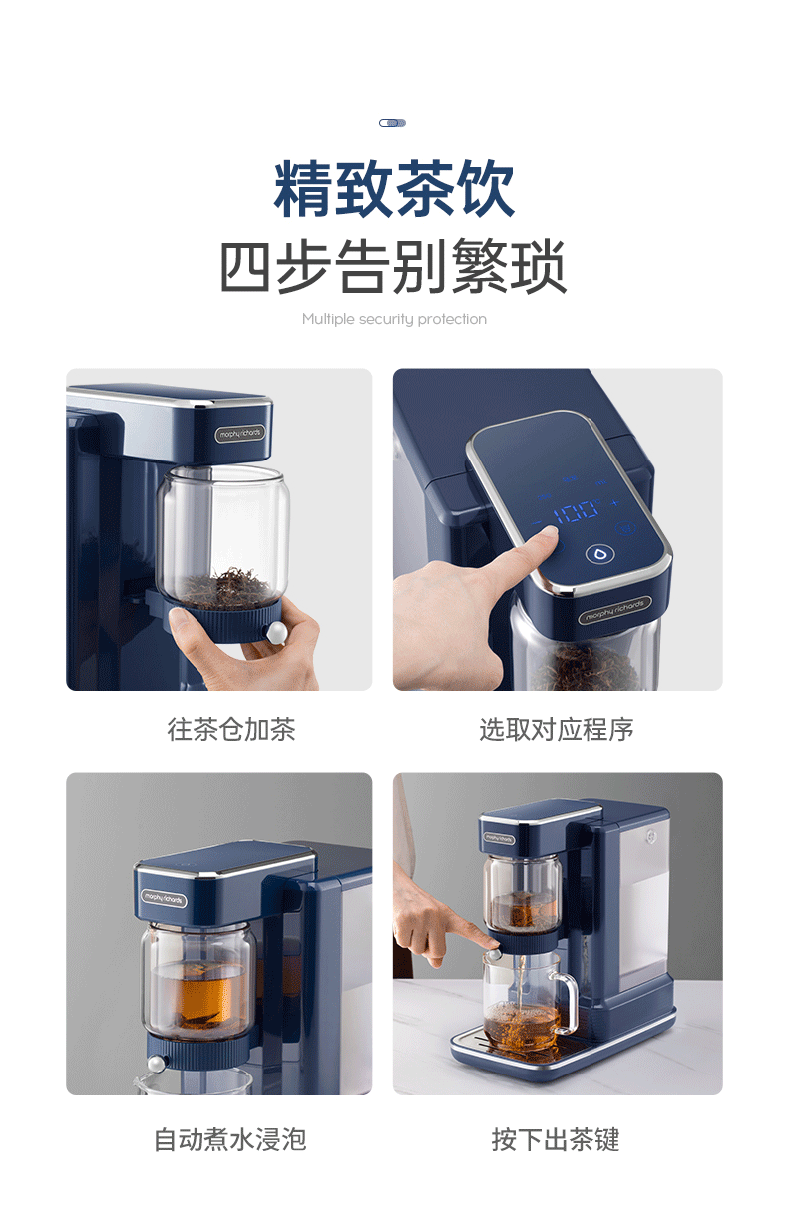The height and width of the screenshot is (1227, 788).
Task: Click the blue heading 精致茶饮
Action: pos(394,189)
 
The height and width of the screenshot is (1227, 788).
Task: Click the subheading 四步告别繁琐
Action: pos(393,267)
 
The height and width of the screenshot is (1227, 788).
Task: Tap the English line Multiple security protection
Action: pos(394,319)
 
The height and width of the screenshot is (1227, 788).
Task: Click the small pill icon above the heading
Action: pos(392,123)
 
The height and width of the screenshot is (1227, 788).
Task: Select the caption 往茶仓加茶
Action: pos(231,729)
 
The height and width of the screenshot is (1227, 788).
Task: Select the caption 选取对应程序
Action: pos(557,729)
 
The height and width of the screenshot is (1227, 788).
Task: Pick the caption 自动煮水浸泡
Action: pos(230,1140)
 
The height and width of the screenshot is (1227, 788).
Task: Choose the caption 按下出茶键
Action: pos(556,1140)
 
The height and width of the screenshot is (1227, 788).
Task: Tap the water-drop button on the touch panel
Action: pos(600,554)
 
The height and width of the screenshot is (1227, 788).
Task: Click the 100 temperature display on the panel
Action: pos(576,512)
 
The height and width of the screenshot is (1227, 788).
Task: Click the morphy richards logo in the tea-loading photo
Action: pos(240,434)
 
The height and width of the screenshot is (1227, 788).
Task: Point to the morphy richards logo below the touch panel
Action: pos(614,610)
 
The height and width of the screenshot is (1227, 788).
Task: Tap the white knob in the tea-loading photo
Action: pos(276,632)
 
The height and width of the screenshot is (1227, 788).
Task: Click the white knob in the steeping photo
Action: pos(157,1064)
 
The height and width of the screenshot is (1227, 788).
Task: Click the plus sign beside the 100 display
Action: pos(615,502)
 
